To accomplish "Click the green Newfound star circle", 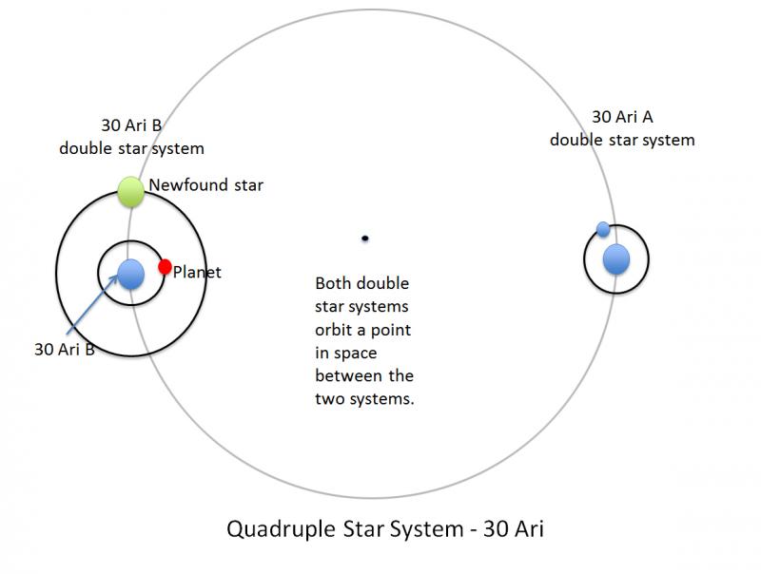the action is pyautogui.click(x=131, y=192).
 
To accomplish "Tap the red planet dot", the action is pyautogui.click(x=165, y=266).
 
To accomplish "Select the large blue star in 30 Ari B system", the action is pyautogui.click(x=131, y=275).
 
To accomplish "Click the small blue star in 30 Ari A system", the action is pyautogui.click(x=603, y=229).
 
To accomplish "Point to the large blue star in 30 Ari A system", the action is pyautogui.click(x=616, y=259).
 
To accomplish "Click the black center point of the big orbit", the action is pyautogui.click(x=365, y=238).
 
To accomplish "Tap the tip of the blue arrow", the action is pyautogui.click(x=118, y=275).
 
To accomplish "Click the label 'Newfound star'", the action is pyautogui.click(x=205, y=184).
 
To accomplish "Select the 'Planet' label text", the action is pyautogui.click(x=197, y=272).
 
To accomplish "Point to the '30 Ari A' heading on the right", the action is pyautogui.click(x=622, y=117).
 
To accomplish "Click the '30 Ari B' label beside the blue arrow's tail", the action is pyautogui.click(x=65, y=349).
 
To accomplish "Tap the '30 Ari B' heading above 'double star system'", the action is pyautogui.click(x=131, y=125).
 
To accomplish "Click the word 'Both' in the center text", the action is pyautogui.click(x=334, y=283).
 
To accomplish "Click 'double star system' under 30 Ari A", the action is pyautogui.click(x=622, y=140).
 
